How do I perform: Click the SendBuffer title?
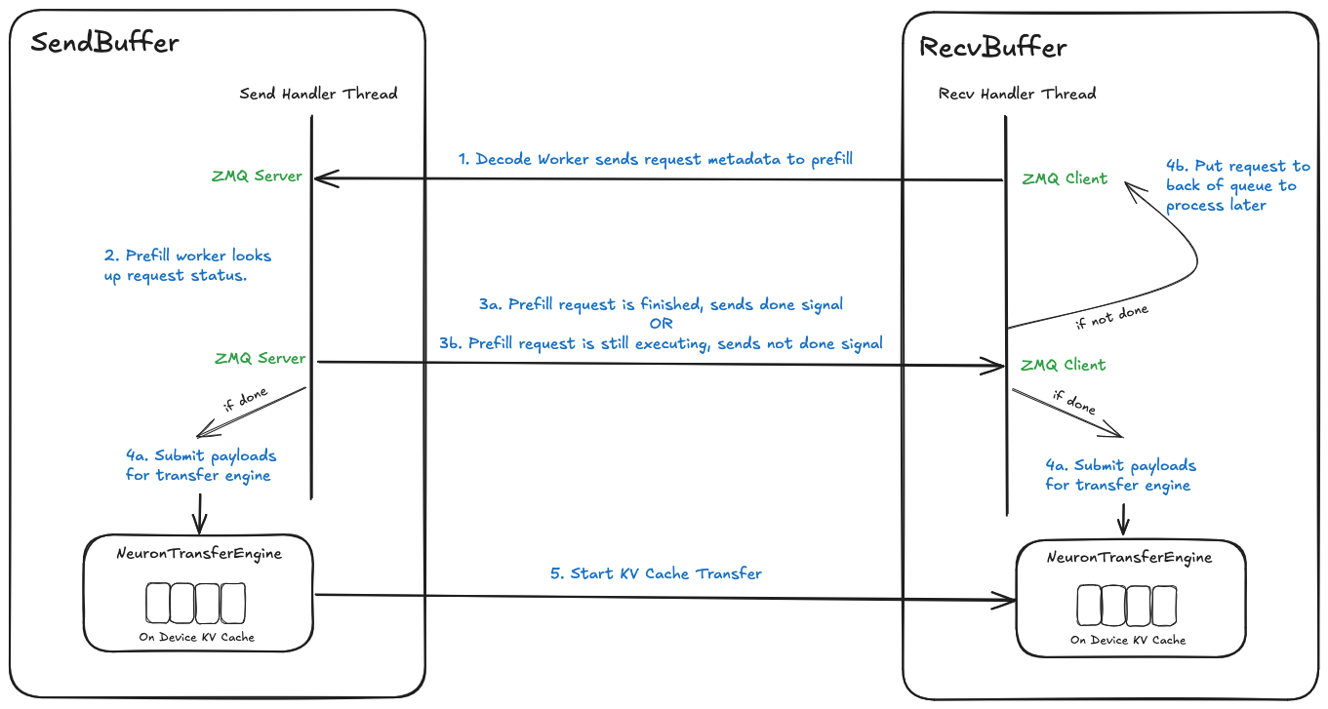click(104, 43)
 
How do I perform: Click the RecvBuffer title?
click(993, 47)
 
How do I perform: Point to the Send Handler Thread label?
click(318, 95)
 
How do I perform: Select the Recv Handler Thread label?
click(1017, 95)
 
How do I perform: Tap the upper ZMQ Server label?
click(257, 177)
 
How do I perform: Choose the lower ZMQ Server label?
click(260, 358)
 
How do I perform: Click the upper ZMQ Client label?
click(1065, 178)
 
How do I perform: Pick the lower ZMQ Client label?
click(1063, 365)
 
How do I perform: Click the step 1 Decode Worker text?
click(656, 158)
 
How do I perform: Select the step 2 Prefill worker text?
click(187, 265)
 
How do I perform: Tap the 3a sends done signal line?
click(661, 304)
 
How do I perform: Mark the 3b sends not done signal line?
click(661, 343)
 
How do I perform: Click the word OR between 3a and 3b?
click(661, 324)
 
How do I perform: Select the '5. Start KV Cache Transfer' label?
click(656, 573)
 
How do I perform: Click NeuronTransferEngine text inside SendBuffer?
click(198, 553)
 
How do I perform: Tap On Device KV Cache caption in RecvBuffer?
click(1128, 640)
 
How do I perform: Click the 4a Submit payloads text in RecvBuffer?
click(1120, 475)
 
